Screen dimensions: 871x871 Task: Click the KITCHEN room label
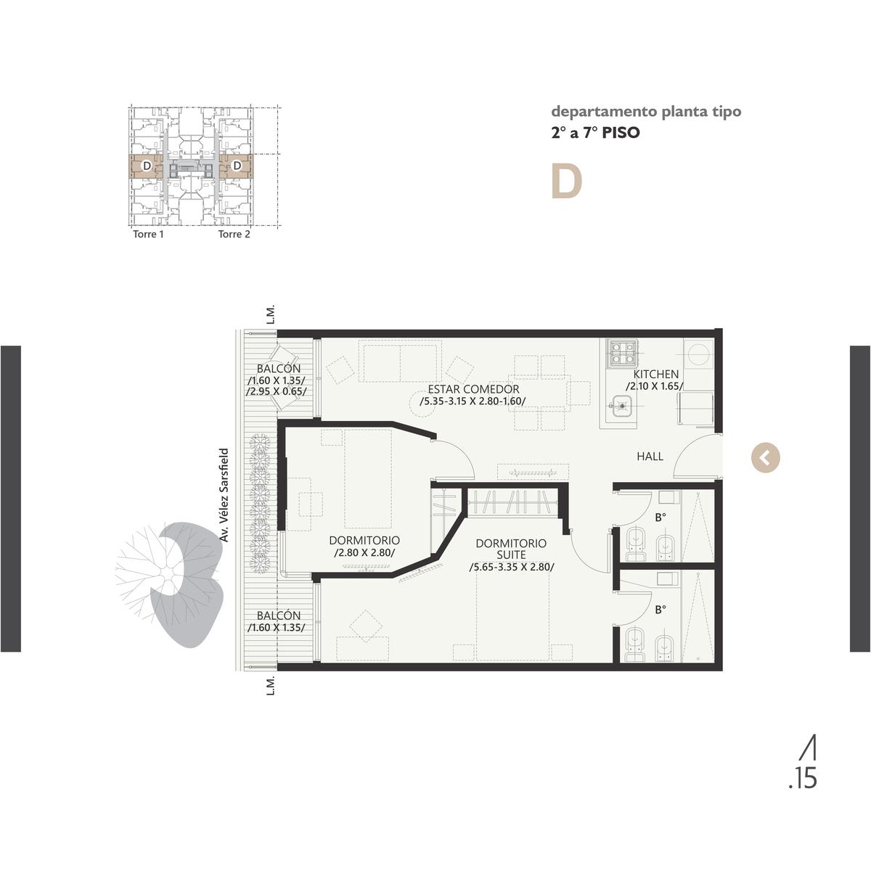pos(655,375)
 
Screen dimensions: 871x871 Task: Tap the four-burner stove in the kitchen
pos(623,353)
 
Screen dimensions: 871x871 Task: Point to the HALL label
pos(650,457)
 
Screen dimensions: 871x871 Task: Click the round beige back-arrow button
pos(765,458)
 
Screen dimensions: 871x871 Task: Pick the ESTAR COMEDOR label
pos(473,389)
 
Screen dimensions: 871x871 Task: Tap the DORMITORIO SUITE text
pos(511,549)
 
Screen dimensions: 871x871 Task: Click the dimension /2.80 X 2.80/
pos(364,552)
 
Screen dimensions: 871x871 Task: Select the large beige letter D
pos(566,181)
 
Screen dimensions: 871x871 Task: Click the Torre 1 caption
pos(148,234)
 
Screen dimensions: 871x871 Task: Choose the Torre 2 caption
pos(234,234)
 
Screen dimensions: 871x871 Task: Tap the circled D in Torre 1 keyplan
pos(147,166)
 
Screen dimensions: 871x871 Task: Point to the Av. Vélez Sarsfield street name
pos(224,495)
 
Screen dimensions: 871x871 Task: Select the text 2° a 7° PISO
pos(595,133)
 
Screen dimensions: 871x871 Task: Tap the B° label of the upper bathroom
pos(661,517)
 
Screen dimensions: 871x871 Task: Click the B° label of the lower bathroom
pos(661,610)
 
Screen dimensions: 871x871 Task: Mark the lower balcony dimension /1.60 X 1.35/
pos(276,627)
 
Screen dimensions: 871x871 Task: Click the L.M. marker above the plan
pos(271,315)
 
